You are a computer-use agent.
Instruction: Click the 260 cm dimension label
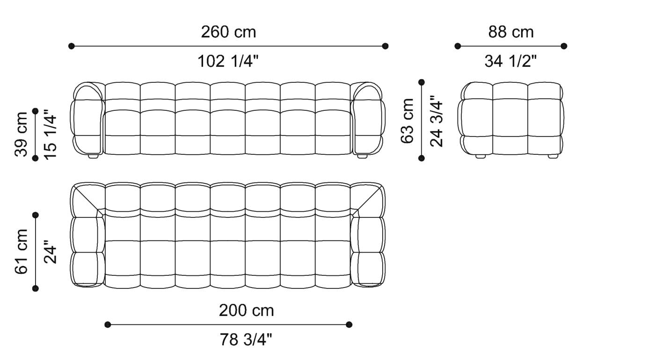[x=228, y=32]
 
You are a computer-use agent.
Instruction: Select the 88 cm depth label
[x=511, y=32]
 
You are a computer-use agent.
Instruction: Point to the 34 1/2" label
[x=510, y=61]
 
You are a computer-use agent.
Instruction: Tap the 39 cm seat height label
[x=22, y=134]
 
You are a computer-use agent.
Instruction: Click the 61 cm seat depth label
[x=22, y=251]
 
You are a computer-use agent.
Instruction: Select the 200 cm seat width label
[x=246, y=310]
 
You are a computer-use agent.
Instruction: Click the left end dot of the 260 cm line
[x=71, y=46]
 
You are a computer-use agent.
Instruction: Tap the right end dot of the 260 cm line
[x=385, y=46]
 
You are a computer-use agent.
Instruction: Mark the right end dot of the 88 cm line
[x=564, y=46]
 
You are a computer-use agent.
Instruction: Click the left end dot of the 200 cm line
[x=108, y=324]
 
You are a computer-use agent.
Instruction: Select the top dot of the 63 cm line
[x=422, y=82]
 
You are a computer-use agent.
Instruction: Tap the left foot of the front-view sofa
[x=93, y=157]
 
